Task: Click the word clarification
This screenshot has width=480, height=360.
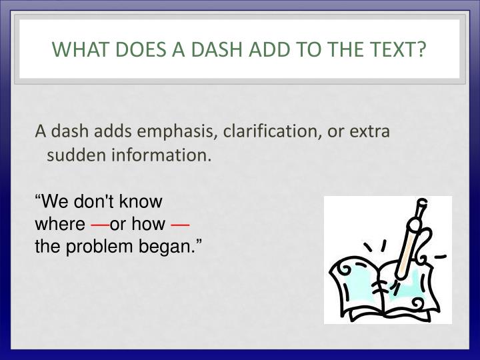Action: (251, 131)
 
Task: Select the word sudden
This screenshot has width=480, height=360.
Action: (70, 156)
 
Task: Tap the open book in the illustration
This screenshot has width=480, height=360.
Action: (377, 287)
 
